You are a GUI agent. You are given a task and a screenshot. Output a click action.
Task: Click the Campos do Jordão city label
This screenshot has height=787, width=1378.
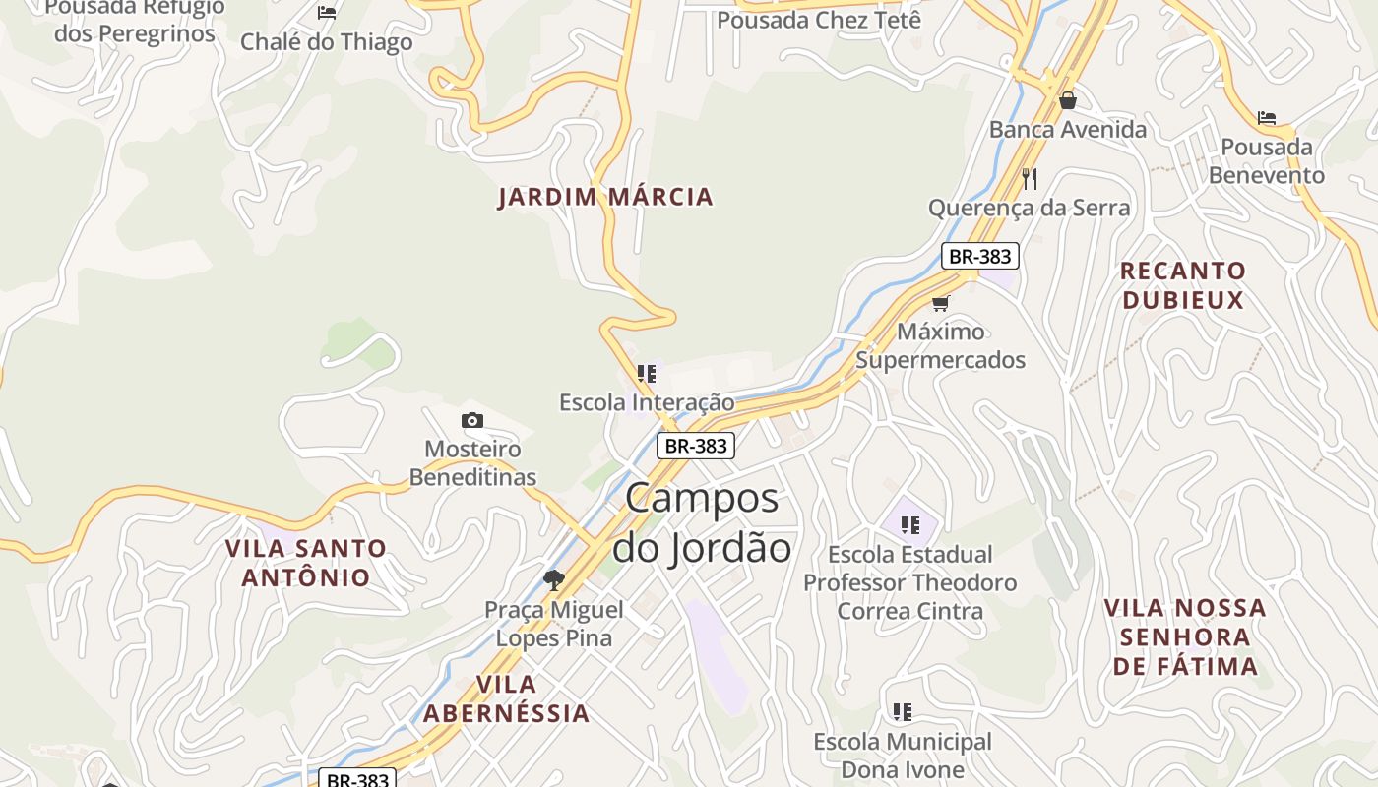coord(701,522)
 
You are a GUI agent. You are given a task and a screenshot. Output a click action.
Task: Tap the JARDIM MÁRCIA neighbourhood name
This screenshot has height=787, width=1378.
coord(605,197)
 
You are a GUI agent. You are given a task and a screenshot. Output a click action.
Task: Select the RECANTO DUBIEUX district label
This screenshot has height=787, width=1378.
coord(1183,285)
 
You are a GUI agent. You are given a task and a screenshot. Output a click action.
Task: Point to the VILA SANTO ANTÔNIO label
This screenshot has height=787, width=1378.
coord(306,563)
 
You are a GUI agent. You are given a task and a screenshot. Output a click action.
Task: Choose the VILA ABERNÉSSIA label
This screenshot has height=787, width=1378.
coord(507,698)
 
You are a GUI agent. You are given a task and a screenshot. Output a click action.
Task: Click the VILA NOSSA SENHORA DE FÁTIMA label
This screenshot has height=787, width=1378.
coord(1185,636)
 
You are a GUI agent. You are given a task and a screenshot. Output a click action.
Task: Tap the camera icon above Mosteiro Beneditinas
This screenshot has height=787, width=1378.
coord(472,421)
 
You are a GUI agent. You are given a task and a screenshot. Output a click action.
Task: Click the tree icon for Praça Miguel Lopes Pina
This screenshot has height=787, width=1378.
coord(554,580)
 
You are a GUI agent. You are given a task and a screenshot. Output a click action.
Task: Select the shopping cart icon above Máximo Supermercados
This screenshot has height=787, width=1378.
coord(941,303)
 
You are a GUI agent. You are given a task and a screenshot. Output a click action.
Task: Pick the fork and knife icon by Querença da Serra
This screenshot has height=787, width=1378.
coord(1030,179)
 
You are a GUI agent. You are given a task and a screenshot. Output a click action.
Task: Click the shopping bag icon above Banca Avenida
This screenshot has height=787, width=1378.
coord(1068,100)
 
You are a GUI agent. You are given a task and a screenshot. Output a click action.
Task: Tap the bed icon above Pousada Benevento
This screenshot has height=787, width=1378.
coord(1267,118)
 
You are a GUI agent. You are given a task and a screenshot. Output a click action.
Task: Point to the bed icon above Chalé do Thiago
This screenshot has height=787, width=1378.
coord(327,13)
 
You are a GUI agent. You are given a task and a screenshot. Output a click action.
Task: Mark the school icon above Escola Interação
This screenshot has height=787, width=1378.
coord(647,374)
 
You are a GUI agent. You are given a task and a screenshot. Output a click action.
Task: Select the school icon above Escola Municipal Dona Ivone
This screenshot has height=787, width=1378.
coord(903,711)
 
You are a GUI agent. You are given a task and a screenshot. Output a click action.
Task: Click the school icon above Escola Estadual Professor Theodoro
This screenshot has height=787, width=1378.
coord(910,525)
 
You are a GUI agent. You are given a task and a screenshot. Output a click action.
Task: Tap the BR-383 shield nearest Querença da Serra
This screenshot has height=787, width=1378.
coord(979,257)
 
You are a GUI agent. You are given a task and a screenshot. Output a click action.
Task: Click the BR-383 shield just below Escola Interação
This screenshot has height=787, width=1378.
coord(696,446)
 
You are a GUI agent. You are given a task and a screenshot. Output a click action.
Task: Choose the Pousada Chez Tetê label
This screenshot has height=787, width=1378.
coord(819,20)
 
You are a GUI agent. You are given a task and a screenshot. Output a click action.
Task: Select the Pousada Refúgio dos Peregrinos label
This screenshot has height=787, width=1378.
coord(135,21)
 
